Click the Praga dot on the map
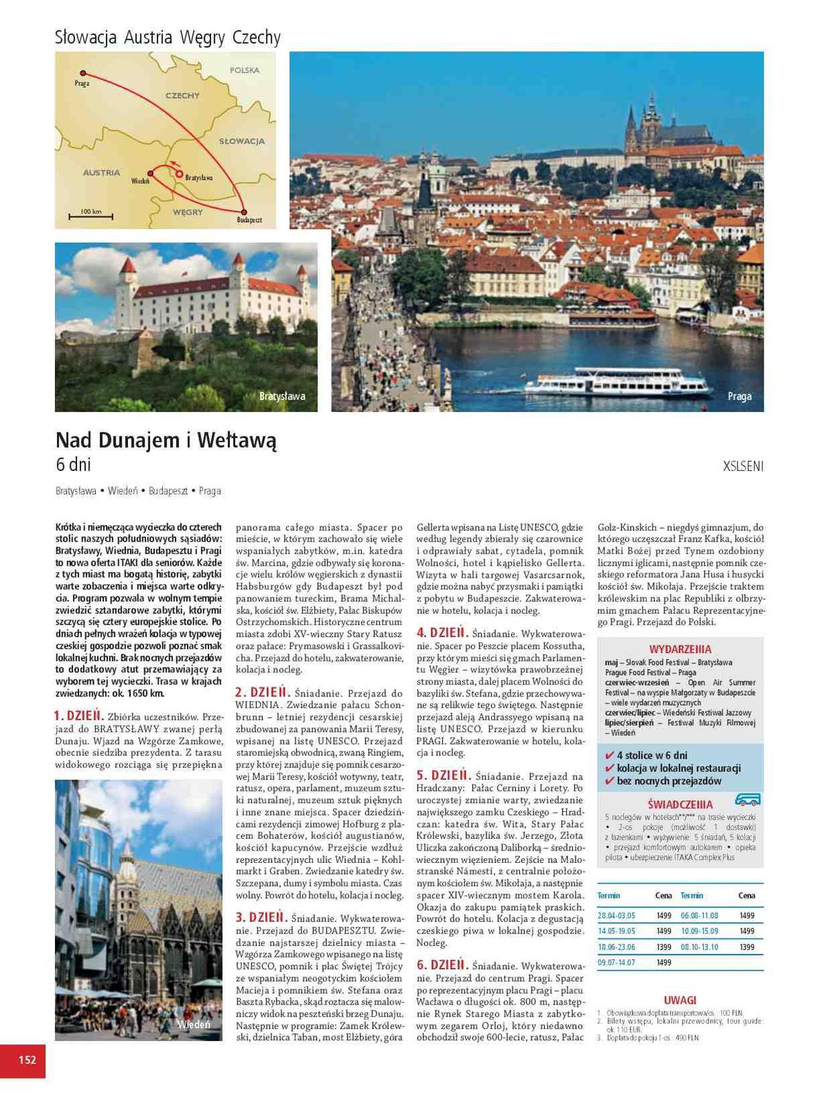pyautogui.click(x=83, y=73)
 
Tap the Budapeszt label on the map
pyautogui.click(x=249, y=220)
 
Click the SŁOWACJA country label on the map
pyautogui.click(x=241, y=142)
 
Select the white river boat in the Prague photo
pyautogui.click(x=616, y=382)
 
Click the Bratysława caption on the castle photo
pyautogui.click(x=282, y=397)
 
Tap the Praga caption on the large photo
pyautogui.click(x=740, y=397)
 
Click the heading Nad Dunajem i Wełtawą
pyautogui.click(x=166, y=440)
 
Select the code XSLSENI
pyautogui.click(x=743, y=466)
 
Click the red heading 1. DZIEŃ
pyautogui.click(x=78, y=715)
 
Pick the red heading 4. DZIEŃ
pyautogui.click(x=442, y=632)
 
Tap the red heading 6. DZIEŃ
pyautogui.click(x=442, y=965)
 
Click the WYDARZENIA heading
pyautogui.click(x=680, y=649)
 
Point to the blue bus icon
pyautogui.click(x=748, y=800)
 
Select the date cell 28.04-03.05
pyautogui.click(x=616, y=916)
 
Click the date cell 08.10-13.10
pyautogui.click(x=699, y=947)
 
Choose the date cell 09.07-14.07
pyautogui.click(x=616, y=962)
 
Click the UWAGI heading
pyautogui.click(x=680, y=1000)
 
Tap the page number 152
pyautogui.click(x=27, y=1059)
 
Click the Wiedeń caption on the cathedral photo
pyautogui.click(x=193, y=1024)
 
